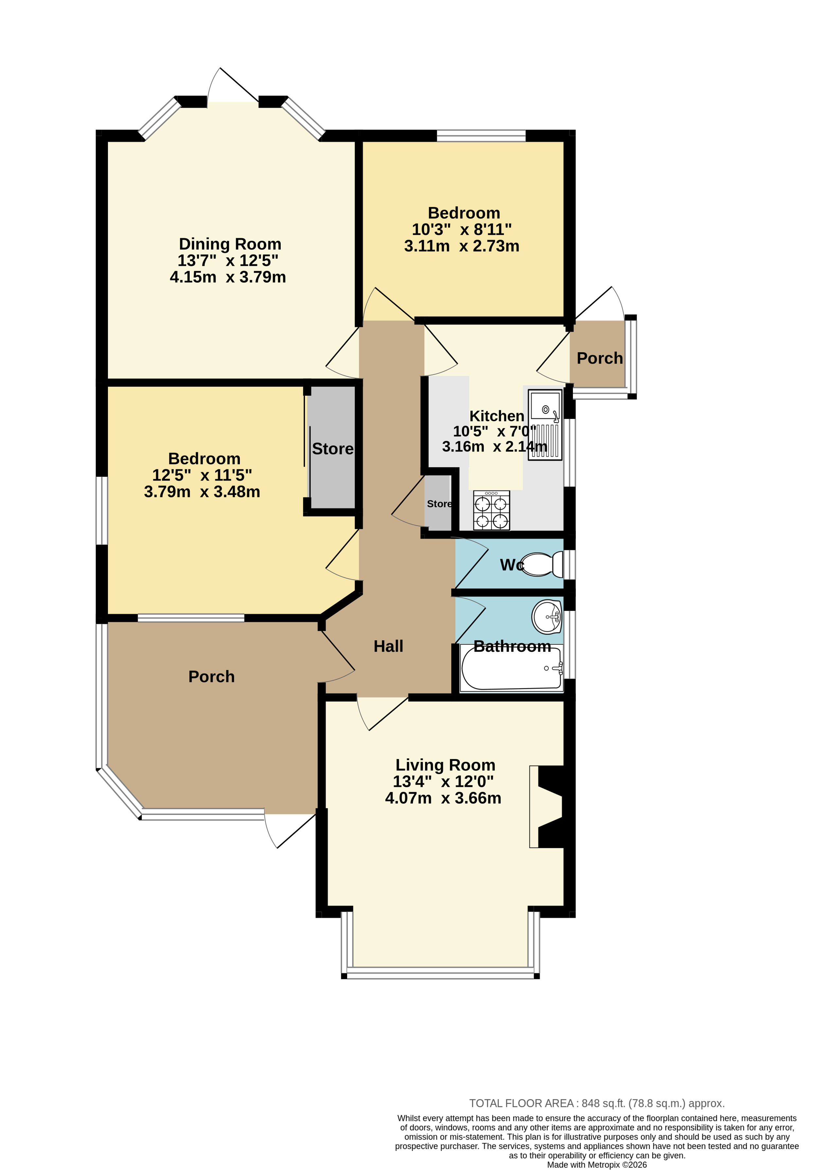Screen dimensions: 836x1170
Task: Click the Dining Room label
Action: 230,244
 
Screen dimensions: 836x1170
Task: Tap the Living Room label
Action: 445,765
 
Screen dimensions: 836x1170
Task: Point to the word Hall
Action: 388,646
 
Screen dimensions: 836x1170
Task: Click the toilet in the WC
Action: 543,564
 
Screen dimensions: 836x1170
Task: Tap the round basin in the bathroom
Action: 547,617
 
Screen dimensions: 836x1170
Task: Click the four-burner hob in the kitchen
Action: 491,510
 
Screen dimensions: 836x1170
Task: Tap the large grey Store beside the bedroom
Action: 332,448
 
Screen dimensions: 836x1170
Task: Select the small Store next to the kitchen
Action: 438,504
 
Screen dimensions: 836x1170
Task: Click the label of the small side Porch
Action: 600,358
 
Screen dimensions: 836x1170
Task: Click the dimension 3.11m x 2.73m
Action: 462,246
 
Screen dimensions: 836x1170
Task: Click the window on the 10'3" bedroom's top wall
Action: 481,135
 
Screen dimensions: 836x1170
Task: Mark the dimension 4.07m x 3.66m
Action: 443,798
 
